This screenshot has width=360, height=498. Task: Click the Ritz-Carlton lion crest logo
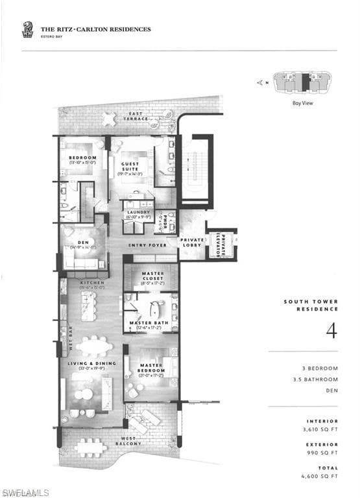[27, 29]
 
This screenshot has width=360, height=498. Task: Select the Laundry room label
[138, 213]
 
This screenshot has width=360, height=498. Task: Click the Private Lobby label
[193, 241]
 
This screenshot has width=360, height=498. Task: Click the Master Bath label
[150, 323]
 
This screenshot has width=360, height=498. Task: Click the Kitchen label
[91, 283]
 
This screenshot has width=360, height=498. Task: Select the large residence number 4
[331, 330]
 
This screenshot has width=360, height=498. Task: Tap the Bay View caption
[302, 102]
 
